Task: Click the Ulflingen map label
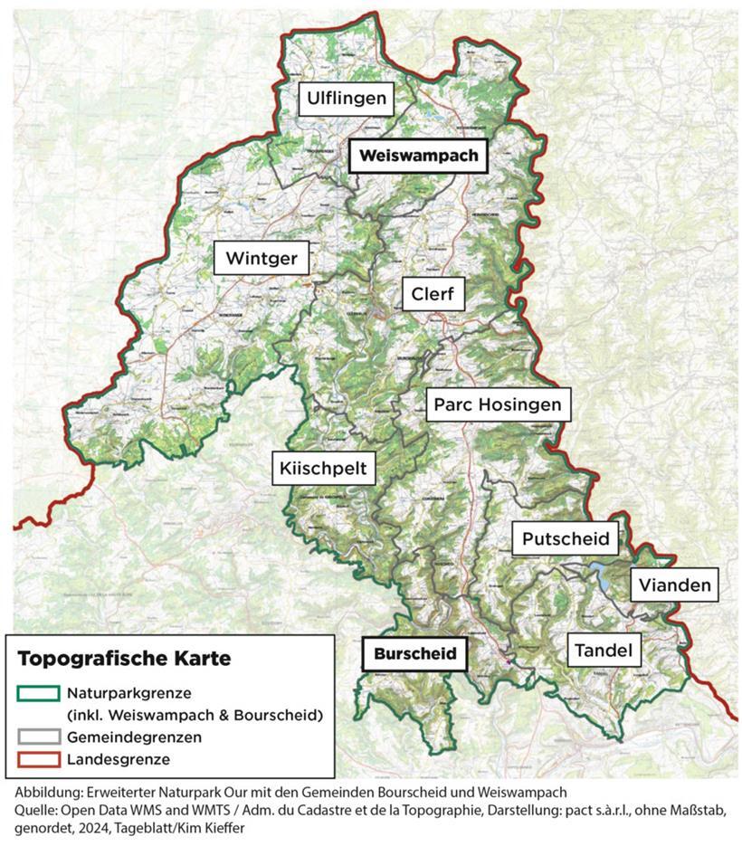point(347,99)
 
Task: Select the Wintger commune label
point(262,259)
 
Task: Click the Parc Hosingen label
point(498,404)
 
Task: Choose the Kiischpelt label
point(324,468)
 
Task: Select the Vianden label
point(675,585)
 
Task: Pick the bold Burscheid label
point(414,652)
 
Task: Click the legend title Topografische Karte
point(124,659)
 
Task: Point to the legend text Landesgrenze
point(119,759)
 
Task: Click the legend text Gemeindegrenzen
point(134,737)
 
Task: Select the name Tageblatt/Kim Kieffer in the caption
point(198,828)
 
